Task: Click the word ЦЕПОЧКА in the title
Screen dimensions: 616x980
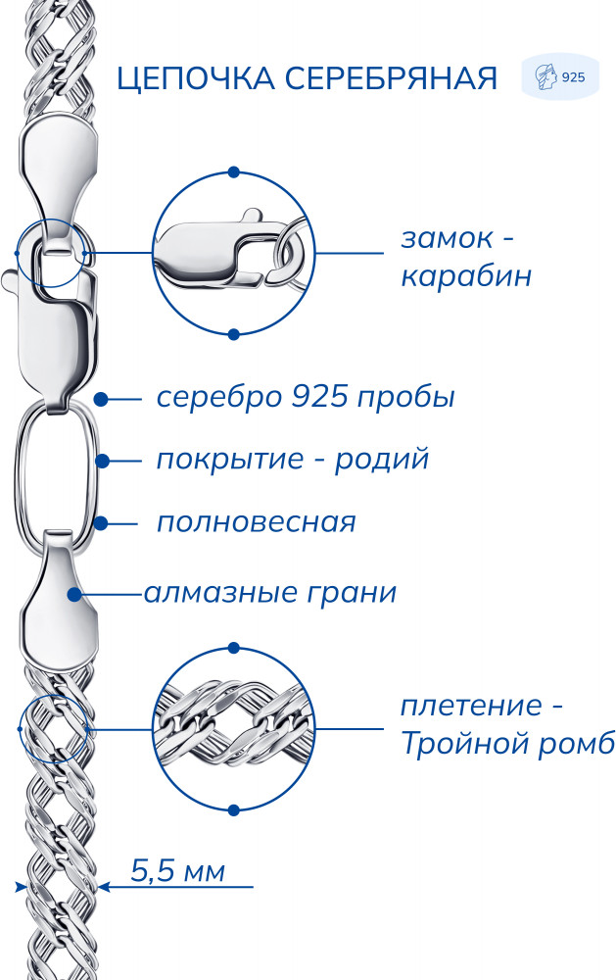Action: tap(196, 78)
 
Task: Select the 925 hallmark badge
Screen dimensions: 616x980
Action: tap(560, 76)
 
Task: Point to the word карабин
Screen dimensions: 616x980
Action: tap(466, 276)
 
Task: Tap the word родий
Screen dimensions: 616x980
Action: tap(382, 460)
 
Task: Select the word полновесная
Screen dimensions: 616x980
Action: tap(257, 522)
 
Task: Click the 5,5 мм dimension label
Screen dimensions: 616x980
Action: tap(178, 870)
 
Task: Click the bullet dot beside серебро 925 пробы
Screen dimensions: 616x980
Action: tap(101, 399)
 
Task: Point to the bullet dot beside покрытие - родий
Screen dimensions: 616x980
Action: tap(103, 462)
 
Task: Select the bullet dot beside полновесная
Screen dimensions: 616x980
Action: tap(101, 523)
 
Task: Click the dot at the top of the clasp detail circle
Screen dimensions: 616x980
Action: tap(234, 171)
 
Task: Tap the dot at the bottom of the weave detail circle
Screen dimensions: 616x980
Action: tap(234, 810)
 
